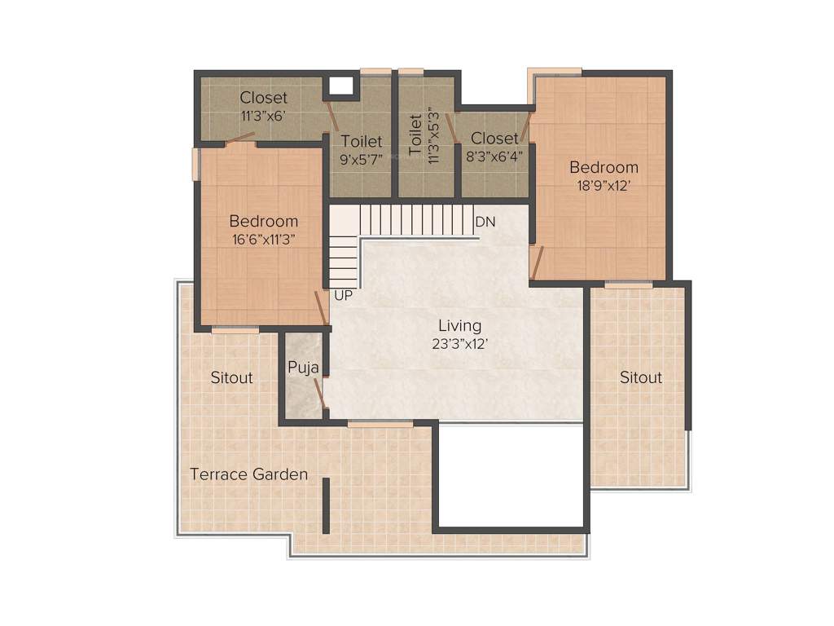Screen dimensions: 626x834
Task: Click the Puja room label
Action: pos(303,367)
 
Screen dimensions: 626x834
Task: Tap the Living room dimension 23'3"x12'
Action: pos(459,344)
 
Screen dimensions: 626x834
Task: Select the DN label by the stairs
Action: pos(485,222)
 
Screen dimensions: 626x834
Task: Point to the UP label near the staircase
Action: pos(344,296)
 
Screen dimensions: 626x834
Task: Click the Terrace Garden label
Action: pos(248,474)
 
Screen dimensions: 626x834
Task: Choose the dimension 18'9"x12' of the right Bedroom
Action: pos(604,185)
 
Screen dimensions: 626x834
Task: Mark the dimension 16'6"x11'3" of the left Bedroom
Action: pos(263,239)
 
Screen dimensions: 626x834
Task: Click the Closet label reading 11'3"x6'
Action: pos(262,116)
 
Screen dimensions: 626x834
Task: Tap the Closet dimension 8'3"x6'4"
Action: pos(494,155)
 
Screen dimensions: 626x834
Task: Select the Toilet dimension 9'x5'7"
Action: pos(361,159)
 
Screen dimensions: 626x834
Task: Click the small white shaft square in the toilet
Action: pos(342,85)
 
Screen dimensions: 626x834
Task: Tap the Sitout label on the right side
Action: pos(641,377)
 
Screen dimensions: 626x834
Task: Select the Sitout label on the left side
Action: pos(231,377)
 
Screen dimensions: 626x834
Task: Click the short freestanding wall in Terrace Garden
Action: pos(326,505)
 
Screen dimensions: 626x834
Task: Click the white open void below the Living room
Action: pos(511,475)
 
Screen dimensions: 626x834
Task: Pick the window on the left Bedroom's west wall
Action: pos(195,163)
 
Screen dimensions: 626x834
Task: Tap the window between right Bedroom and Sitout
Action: pos(628,284)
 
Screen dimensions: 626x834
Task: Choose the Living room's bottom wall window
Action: pos(380,423)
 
